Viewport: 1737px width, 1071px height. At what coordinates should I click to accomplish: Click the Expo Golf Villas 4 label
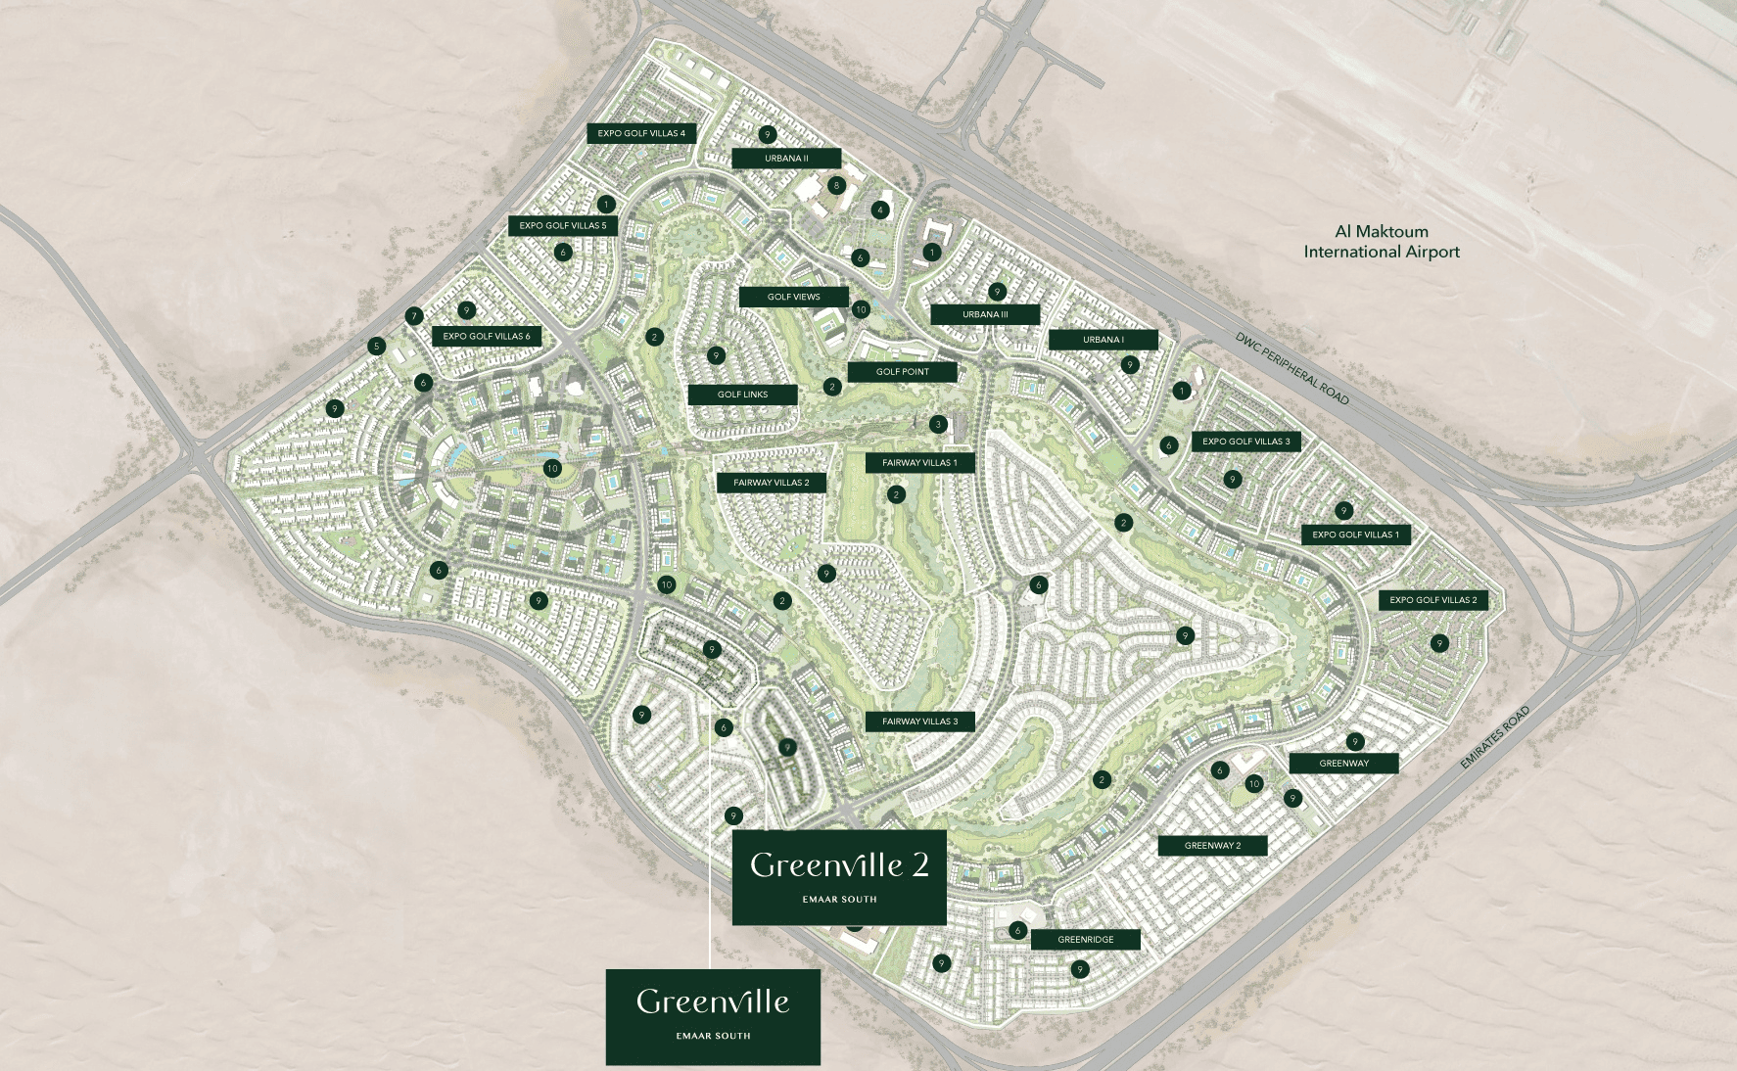[x=641, y=133]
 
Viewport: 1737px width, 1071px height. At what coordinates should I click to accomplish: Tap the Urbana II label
[x=786, y=158]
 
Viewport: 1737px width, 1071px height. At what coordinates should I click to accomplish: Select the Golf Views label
[x=793, y=297]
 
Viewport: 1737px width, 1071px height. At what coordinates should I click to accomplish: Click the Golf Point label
[x=902, y=372]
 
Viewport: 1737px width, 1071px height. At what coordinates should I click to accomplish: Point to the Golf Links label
[x=742, y=395]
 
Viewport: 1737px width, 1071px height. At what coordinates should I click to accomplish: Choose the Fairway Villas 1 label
[x=919, y=463]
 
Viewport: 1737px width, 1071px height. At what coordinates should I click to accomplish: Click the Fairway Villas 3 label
[x=919, y=722]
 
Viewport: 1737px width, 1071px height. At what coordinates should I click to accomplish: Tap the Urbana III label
[x=985, y=314]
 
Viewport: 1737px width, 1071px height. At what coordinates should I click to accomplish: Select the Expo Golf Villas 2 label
[x=1432, y=600]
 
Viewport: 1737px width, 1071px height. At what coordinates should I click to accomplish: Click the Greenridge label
[x=1085, y=940]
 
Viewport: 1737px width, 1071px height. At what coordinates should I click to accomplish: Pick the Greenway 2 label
[x=1212, y=846]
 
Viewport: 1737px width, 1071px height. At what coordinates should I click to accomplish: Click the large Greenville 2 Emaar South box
[x=839, y=877]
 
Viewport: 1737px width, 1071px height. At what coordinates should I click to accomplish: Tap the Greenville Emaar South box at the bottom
[x=713, y=1016]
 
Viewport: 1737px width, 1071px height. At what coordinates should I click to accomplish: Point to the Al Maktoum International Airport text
[x=1381, y=242]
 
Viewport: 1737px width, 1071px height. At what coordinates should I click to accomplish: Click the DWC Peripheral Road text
[x=1291, y=369]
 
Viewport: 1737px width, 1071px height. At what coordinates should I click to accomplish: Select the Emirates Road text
[x=1494, y=738]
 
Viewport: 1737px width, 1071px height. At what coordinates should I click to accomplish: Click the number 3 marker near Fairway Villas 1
[x=938, y=424]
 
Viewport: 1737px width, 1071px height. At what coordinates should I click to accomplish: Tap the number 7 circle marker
[x=414, y=316]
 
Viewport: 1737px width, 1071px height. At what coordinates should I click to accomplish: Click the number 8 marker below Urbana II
[x=835, y=185]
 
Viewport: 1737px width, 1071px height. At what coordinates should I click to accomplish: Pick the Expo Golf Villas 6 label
[x=486, y=336]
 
